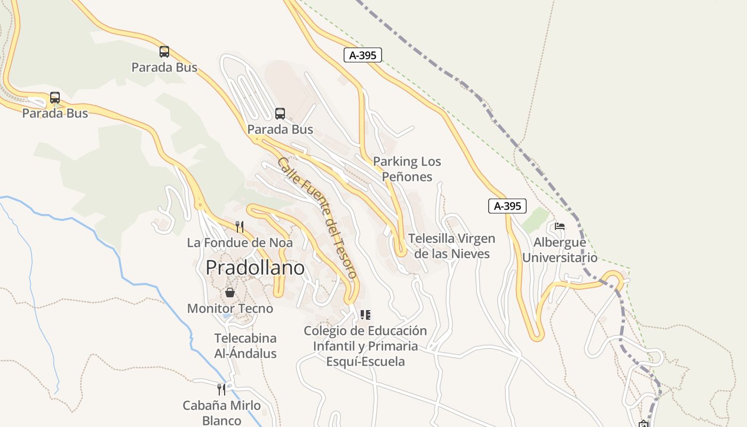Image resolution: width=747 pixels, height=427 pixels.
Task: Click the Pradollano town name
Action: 255,267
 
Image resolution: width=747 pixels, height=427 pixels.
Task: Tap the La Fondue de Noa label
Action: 240,243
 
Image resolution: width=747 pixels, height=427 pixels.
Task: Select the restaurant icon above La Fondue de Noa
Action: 240,227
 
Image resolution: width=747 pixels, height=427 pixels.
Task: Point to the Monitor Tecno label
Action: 230,309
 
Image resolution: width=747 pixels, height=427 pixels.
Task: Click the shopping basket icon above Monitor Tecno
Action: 230,292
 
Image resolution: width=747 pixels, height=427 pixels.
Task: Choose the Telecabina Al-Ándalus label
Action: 245,346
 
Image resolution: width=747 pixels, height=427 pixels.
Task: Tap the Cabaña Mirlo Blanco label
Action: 222,413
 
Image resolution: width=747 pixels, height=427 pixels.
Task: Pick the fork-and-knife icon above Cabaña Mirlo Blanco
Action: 221,389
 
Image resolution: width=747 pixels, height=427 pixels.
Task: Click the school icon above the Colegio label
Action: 365,315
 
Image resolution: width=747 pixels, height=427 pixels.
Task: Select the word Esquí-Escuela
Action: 365,362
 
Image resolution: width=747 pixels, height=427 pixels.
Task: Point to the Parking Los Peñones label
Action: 407,169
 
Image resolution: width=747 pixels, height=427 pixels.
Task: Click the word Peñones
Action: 407,177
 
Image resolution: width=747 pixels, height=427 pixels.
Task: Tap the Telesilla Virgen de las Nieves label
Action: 452,246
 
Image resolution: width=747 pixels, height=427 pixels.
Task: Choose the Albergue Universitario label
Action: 560,250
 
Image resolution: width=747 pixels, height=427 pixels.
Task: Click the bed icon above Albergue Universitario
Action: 560,226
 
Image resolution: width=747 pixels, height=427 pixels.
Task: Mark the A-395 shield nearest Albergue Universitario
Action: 507,206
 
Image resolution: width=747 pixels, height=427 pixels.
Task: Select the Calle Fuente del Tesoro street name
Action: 317,218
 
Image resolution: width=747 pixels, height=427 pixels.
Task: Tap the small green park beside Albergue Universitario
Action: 536,220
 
